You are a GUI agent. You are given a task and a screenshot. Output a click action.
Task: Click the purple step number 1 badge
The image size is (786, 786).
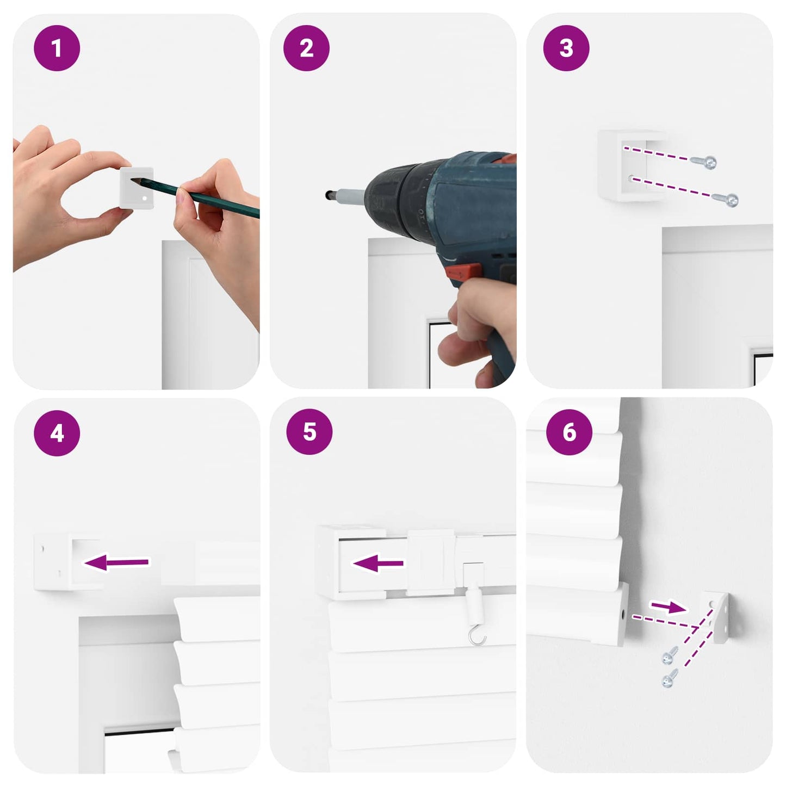(57, 48)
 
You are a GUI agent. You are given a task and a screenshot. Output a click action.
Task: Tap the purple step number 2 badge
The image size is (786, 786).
(306, 48)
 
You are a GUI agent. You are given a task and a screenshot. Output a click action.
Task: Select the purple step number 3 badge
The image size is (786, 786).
(566, 48)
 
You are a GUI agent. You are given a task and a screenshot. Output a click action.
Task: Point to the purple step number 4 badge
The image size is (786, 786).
(57, 433)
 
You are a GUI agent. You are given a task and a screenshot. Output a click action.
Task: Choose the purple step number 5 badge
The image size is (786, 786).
(309, 431)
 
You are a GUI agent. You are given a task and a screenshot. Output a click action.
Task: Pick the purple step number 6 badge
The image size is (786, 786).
(570, 432)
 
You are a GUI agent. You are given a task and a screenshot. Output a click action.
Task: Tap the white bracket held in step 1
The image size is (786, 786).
(137, 188)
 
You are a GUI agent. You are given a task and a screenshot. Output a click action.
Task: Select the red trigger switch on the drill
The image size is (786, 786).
(463, 271)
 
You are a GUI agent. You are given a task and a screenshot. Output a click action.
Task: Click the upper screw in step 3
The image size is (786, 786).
(704, 162)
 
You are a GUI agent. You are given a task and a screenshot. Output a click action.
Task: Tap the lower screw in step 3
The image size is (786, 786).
(725, 200)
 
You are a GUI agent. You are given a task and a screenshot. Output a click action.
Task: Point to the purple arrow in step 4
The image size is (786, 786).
(116, 562)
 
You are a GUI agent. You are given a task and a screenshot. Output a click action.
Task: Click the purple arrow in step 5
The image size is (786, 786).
(377, 564)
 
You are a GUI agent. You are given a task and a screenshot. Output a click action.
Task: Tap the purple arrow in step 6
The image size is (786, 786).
(668, 607)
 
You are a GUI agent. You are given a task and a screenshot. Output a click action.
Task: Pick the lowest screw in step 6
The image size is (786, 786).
(670, 678)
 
